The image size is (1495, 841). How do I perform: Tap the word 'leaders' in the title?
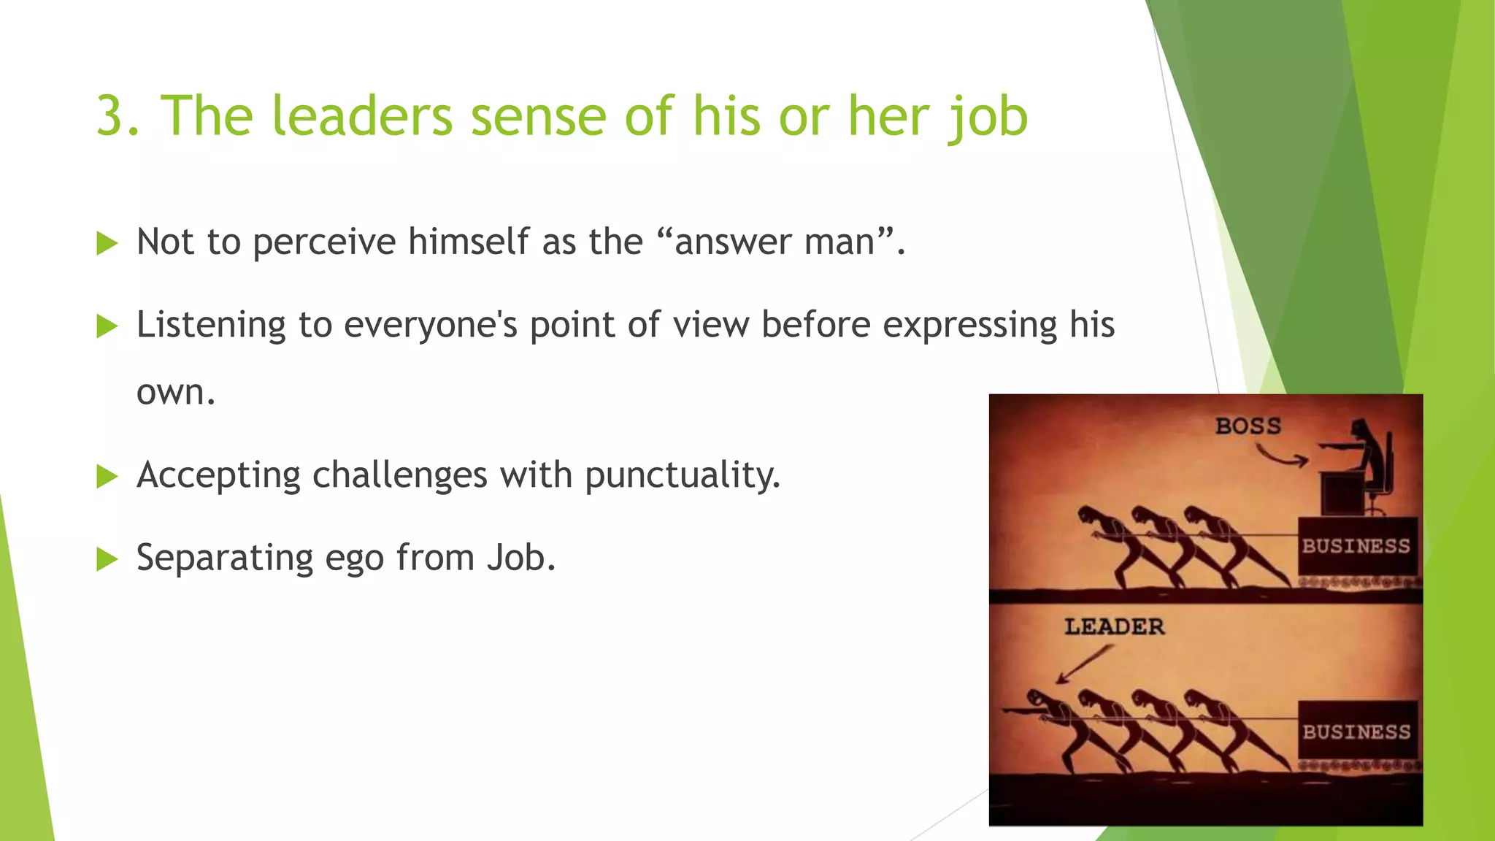361,116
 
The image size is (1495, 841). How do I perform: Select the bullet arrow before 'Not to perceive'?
107,243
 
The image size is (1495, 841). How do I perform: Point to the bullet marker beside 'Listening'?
107,326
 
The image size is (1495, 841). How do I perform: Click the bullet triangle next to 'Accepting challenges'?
107,477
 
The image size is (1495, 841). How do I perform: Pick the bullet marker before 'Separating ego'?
107,560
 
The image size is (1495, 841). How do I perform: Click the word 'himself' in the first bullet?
468,242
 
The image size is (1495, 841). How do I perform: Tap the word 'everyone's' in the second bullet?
430,325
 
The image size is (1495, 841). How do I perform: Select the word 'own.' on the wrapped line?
176,393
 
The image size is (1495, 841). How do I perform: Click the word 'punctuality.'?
683,476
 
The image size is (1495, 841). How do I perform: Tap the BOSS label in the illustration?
1248,426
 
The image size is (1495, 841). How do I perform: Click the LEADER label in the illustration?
1114,626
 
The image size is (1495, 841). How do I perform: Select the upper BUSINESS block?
1356,546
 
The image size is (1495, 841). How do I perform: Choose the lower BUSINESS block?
1356,731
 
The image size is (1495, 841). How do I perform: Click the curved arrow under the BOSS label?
1282,457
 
